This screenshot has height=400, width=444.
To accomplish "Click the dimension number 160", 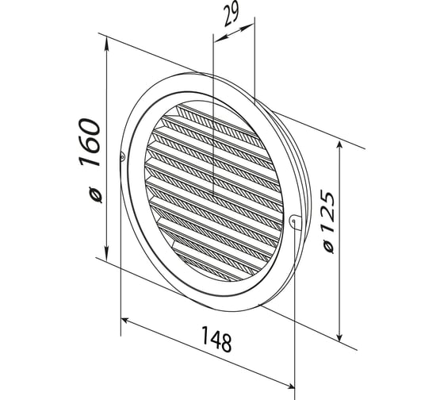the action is coord(90,142).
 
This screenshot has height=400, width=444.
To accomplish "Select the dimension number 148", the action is coord(216,339).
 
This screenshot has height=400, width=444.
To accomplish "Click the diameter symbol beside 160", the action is coord(95,194).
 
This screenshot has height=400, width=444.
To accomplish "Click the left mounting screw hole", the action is coord(122,156).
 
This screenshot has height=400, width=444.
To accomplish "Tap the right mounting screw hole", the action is coord(293,220).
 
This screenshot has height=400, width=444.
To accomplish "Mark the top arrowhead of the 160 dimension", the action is coord(107,44).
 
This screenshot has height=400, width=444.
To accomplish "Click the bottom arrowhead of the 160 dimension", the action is coord(106,253).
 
